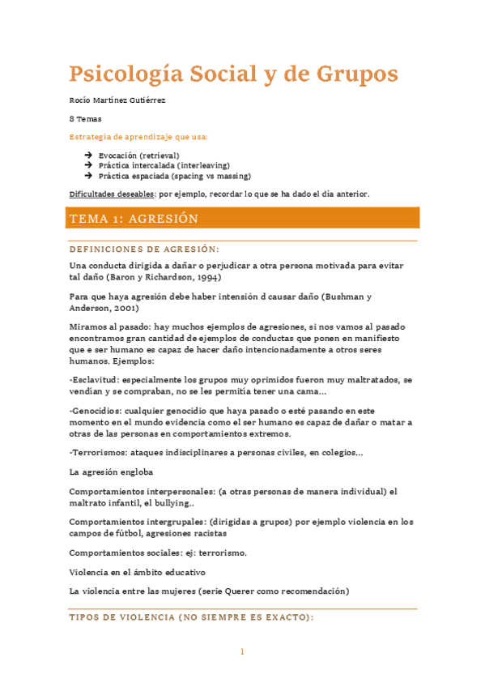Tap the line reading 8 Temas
coord(85,118)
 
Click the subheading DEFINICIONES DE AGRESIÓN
coord(144,249)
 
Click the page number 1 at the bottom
coord(242,651)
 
